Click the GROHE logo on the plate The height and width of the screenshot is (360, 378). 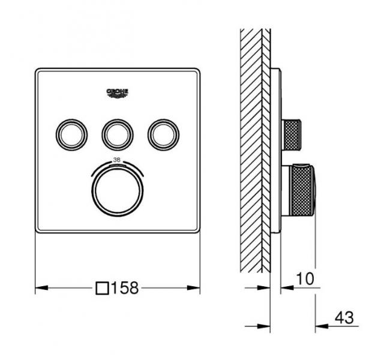(x=118, y=91)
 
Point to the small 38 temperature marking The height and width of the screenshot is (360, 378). (x=118, y=160)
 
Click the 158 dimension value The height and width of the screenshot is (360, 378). (x=125, y=289)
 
